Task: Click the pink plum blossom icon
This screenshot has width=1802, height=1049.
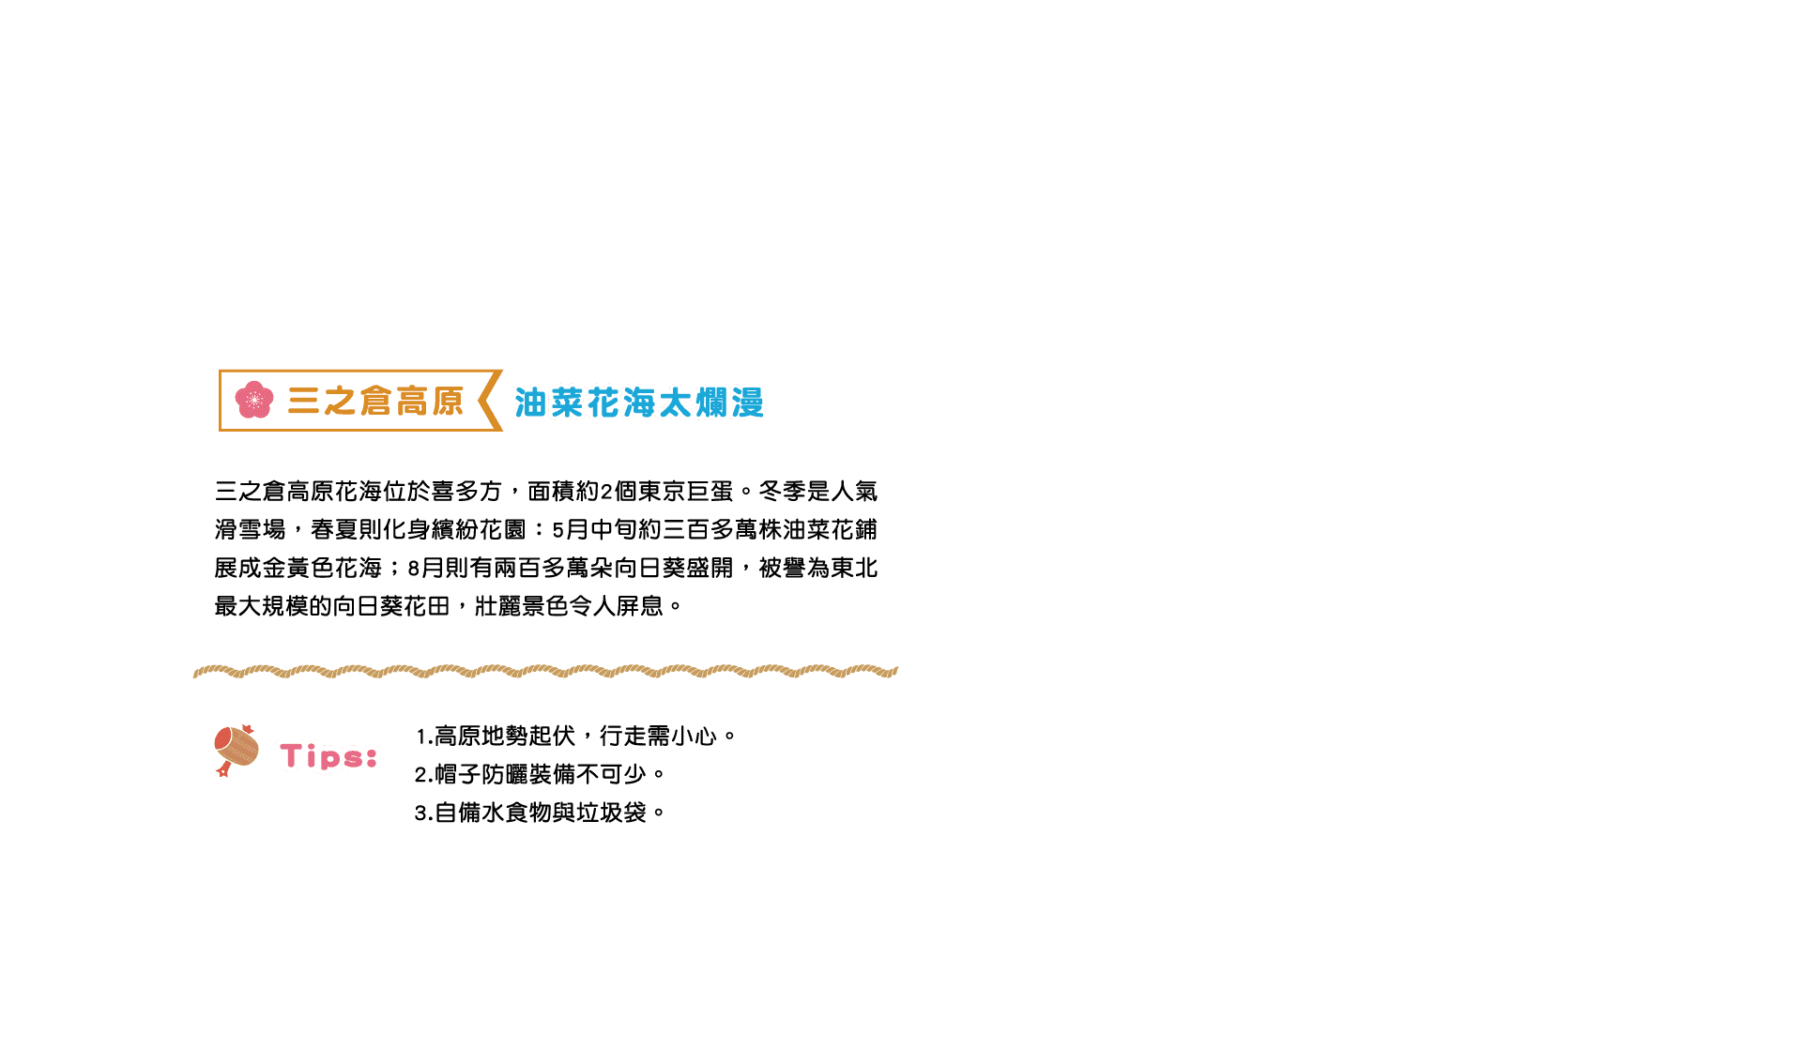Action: [253, 401]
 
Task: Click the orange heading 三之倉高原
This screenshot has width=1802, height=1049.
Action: [375, 402]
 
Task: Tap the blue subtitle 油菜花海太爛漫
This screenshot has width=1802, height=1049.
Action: [638, 403]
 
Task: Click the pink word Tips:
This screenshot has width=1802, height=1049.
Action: [328, 756]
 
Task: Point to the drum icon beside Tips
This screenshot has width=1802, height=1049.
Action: [236, 750]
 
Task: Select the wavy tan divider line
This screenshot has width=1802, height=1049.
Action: [544, 671]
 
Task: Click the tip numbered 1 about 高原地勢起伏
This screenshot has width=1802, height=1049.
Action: [574, 736]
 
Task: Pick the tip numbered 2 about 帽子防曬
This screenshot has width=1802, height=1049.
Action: [539, 774]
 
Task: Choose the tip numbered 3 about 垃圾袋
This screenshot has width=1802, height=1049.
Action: [539, 813]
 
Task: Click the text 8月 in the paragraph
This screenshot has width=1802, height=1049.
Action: [425, 569]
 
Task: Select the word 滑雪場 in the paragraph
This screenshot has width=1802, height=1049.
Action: [250, 530]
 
